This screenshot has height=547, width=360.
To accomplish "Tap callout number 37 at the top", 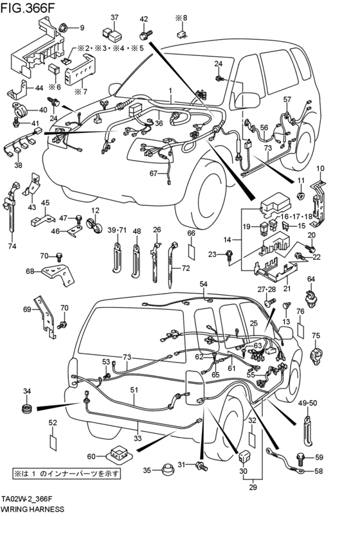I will [114, 17].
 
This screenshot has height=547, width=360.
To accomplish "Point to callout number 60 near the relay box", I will [91, 456].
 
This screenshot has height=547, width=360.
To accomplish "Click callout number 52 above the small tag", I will [53, 423].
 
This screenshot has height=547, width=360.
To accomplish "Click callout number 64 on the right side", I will [310, 278].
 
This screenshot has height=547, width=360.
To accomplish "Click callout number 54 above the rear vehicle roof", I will [204, 283].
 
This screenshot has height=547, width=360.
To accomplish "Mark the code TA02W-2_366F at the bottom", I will [35, 498].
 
